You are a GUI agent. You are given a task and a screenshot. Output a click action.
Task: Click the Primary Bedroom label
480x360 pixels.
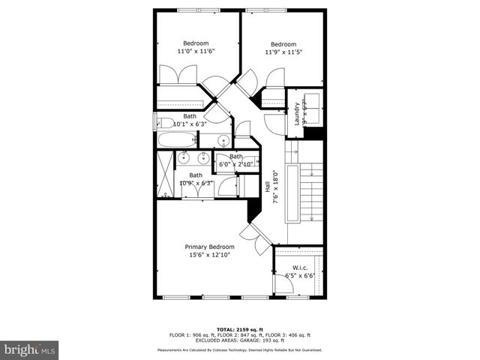click(209, 247)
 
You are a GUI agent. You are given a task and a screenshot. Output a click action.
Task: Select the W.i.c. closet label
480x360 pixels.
click(301, 267)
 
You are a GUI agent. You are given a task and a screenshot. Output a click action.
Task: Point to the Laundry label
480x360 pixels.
click(297, 112)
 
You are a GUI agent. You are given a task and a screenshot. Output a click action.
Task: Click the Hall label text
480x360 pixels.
click(268, 186)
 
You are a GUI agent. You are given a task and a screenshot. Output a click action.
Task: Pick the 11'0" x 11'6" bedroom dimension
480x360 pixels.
click(196, 52)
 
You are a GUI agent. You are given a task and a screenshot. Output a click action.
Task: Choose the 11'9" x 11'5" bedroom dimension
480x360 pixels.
click(283, 52)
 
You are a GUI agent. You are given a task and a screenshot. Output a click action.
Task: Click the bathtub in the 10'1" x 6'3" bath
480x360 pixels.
click(177, 139)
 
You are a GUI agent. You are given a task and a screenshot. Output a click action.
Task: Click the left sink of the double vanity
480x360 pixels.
click(184, 158)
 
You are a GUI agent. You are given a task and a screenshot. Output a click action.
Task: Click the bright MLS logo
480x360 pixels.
click(30, 349)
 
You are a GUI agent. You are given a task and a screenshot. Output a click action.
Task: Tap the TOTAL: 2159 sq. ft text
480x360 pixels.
click(237, 330)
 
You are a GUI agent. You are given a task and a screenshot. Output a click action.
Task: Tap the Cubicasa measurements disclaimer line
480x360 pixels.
click(239, 350)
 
